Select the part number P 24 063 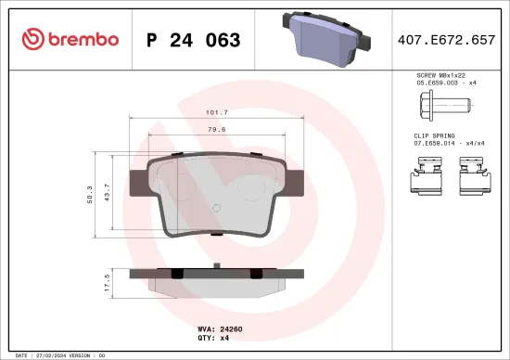[194, 40]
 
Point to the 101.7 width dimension [216, 112]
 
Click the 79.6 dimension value [216, 130]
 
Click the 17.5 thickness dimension [108, 283]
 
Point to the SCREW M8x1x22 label [440, 75]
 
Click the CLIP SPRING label [436, 135]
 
